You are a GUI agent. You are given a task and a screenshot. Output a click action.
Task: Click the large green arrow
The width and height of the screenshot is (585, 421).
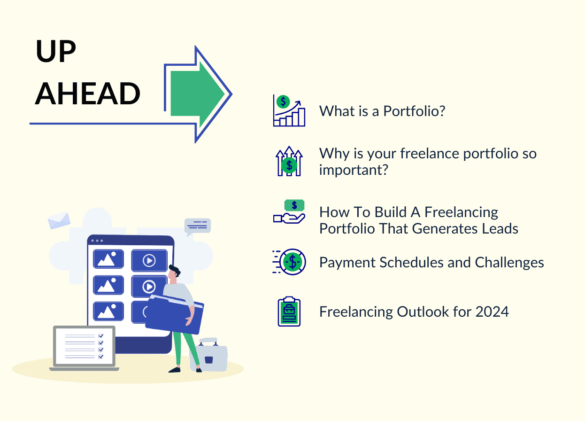pyautogui.click(x=197, y=94)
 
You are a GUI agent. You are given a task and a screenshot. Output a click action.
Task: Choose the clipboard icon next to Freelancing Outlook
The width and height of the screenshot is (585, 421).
pyautogui.click(x=289, y=312)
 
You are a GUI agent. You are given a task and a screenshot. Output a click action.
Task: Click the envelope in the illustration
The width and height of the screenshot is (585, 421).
pyautogui.click(x=59, y=220)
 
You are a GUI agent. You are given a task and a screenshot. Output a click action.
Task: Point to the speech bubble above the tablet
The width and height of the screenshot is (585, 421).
pyautogui.click(x=198, y=226)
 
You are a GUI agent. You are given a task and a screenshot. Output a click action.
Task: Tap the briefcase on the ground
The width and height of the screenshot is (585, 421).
pyautogui.click(x=209, y=354)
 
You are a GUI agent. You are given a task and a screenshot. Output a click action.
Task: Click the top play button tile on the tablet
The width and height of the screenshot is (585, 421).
pyautogui.click(x=149, y=260)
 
